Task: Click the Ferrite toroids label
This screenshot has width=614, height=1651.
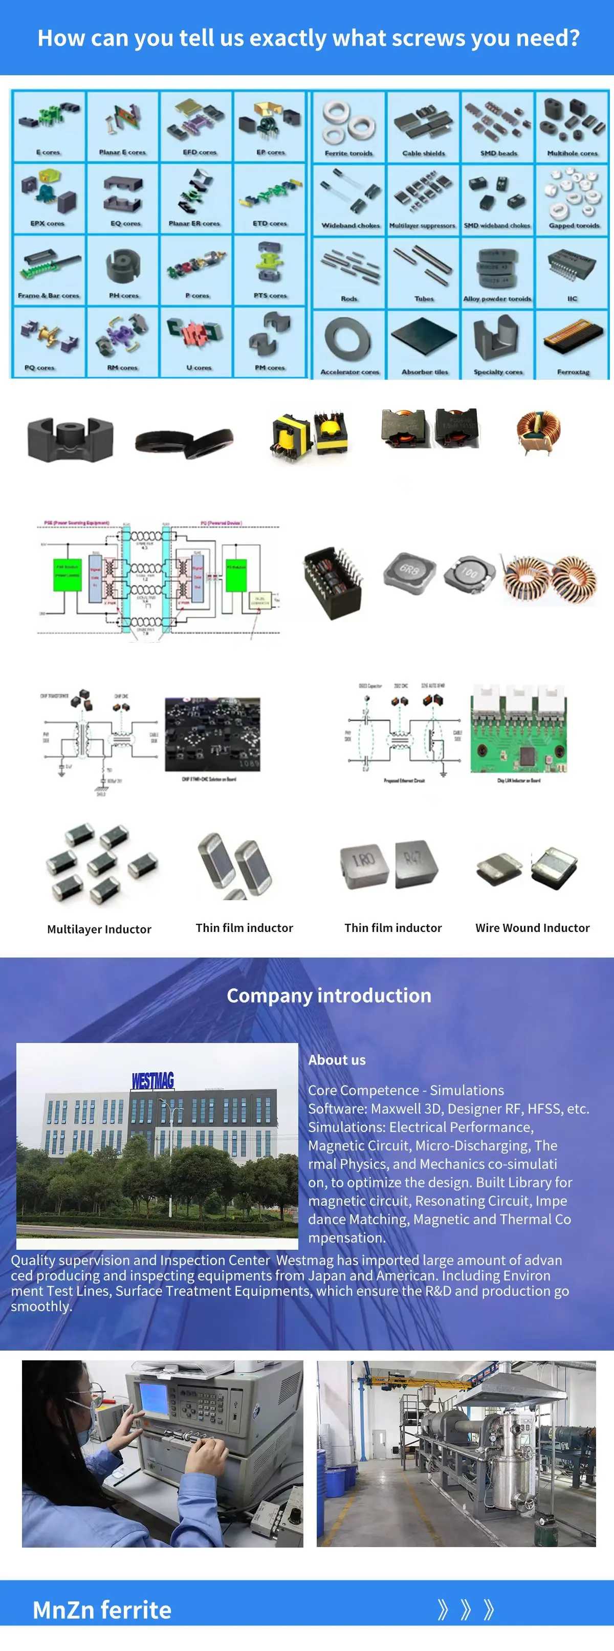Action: coord(348,153)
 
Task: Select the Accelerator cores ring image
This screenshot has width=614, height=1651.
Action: coord(348,338)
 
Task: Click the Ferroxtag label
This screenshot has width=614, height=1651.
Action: coord(573,372)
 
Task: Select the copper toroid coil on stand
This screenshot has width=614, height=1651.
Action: coord(538,431)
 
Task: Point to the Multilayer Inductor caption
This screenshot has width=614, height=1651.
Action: coord(99,929)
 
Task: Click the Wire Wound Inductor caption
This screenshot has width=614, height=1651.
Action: coord(532,927)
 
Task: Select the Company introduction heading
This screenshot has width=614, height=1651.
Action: coord(329,995)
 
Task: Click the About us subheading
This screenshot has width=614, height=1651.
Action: coord(337,1060)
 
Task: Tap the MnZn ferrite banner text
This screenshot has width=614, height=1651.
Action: coord(102,1610)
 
